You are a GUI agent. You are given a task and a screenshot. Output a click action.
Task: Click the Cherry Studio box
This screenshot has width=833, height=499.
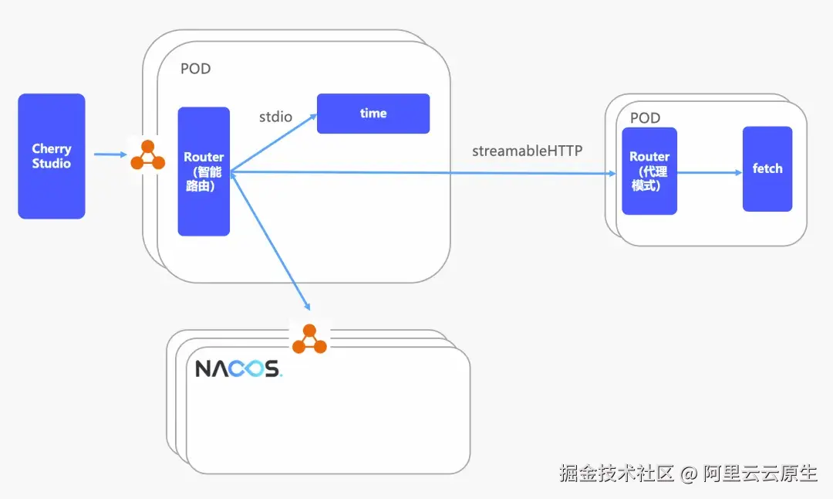(52, 156)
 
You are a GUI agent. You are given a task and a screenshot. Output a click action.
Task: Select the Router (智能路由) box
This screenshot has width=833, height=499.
(204, 171)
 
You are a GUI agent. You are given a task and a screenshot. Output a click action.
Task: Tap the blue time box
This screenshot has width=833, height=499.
(373, 114)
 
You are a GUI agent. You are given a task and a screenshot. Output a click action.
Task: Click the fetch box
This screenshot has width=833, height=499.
(767, 169)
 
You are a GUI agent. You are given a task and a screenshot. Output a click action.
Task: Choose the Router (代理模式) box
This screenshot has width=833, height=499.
(649, 171)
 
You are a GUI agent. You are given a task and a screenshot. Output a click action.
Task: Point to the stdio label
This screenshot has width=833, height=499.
(275, 117)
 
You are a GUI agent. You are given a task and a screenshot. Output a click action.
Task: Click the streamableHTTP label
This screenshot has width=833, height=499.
(528, 151)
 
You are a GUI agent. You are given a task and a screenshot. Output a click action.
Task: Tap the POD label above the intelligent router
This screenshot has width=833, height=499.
(195, 69)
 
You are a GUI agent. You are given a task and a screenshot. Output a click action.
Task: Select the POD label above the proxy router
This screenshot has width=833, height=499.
(646, 117)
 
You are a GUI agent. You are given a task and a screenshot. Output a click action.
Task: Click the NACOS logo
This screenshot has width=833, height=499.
(238, 368)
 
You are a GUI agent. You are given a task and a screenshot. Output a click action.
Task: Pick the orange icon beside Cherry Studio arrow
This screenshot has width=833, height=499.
(147, 154)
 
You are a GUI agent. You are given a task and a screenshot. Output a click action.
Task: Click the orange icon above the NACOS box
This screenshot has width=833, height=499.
(310, 339)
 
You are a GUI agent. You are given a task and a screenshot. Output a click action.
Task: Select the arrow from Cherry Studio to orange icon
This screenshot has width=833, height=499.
(110, 154)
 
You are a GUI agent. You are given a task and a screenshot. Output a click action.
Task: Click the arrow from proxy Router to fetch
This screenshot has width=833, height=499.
(710, 172)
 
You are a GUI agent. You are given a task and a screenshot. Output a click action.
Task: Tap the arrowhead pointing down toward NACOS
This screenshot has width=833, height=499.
(306, 306)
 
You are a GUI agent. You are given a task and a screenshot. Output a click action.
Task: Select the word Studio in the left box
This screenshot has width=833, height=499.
(52, 163)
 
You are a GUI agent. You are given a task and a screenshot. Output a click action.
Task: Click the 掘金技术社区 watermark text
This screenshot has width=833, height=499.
(617, 473)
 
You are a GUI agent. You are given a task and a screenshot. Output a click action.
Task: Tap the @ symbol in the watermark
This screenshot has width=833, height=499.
(689, 474)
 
